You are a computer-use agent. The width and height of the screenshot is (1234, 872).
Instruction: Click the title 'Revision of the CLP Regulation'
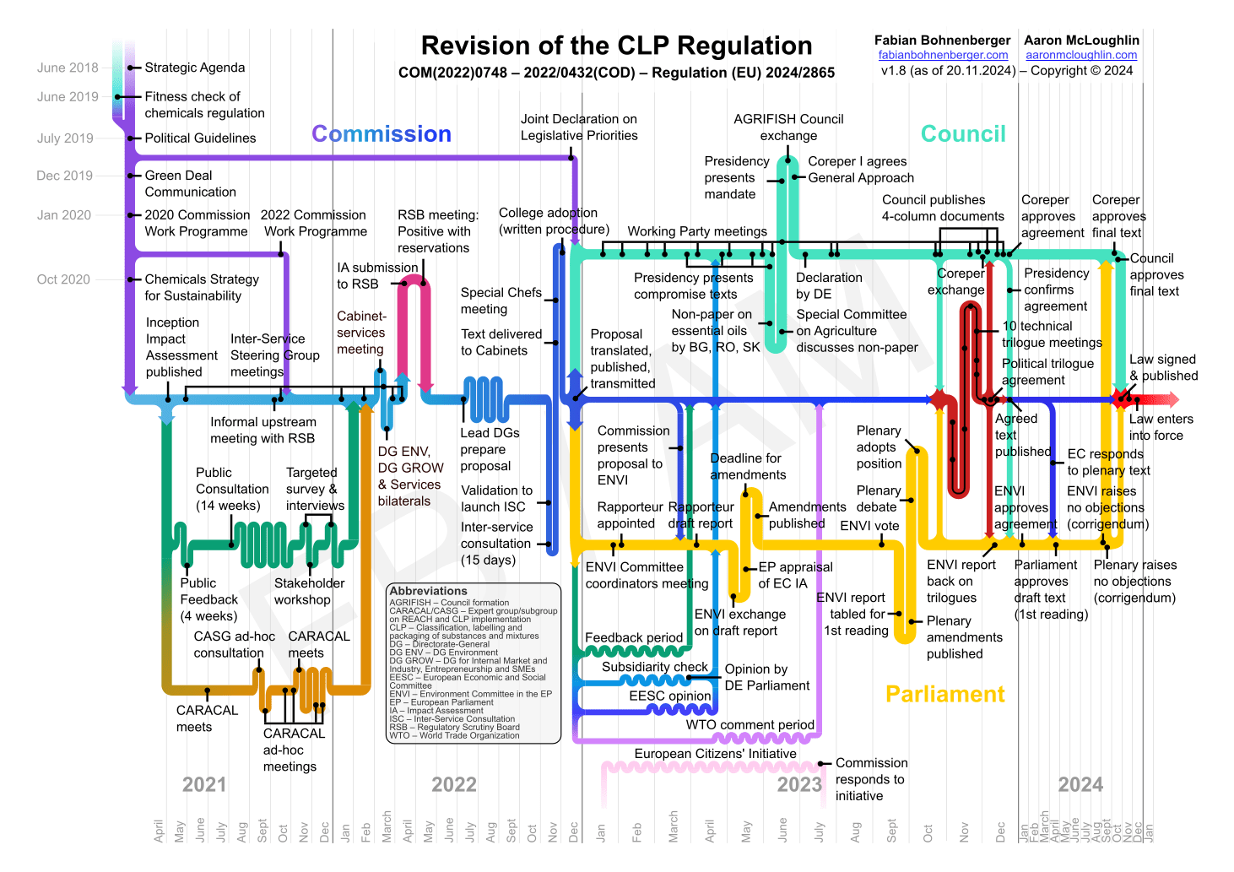pos(616,46)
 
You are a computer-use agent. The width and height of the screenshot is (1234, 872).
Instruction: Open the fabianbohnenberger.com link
pos(943,55)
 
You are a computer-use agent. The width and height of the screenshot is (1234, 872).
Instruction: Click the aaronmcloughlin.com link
pos(1081,55)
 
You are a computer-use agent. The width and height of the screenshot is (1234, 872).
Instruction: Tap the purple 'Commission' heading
pos(382,134)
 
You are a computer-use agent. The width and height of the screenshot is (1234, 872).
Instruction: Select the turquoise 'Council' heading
pos(963,134)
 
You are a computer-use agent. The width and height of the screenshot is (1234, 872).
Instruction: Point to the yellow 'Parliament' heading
pos(945,694)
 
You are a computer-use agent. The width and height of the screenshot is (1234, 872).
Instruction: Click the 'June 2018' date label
pos(68,68)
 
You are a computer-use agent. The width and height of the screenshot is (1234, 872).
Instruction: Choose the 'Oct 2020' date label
pos(63,279)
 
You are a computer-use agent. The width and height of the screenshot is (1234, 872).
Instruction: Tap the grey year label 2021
pos(204,785)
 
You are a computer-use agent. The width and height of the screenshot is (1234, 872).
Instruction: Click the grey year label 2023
pos(798,785)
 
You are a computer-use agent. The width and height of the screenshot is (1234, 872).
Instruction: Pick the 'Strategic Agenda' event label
pos(195,68)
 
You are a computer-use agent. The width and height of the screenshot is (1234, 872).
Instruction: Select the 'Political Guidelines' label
pos(200,138)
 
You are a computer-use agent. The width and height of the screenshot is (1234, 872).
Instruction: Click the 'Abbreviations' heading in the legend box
pos(428,591)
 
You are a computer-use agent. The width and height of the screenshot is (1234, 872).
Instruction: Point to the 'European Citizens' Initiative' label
pos(715,754)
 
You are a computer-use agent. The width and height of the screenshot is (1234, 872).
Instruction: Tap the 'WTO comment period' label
pos(750,725)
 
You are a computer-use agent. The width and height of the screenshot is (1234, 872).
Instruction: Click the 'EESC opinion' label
pos(670,696)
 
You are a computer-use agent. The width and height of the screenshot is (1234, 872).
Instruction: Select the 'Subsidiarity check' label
pos(655,667)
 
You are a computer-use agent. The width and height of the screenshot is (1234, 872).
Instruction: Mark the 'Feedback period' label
pos(634,638)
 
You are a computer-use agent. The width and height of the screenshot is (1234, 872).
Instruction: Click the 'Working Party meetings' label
pos(697,231)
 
